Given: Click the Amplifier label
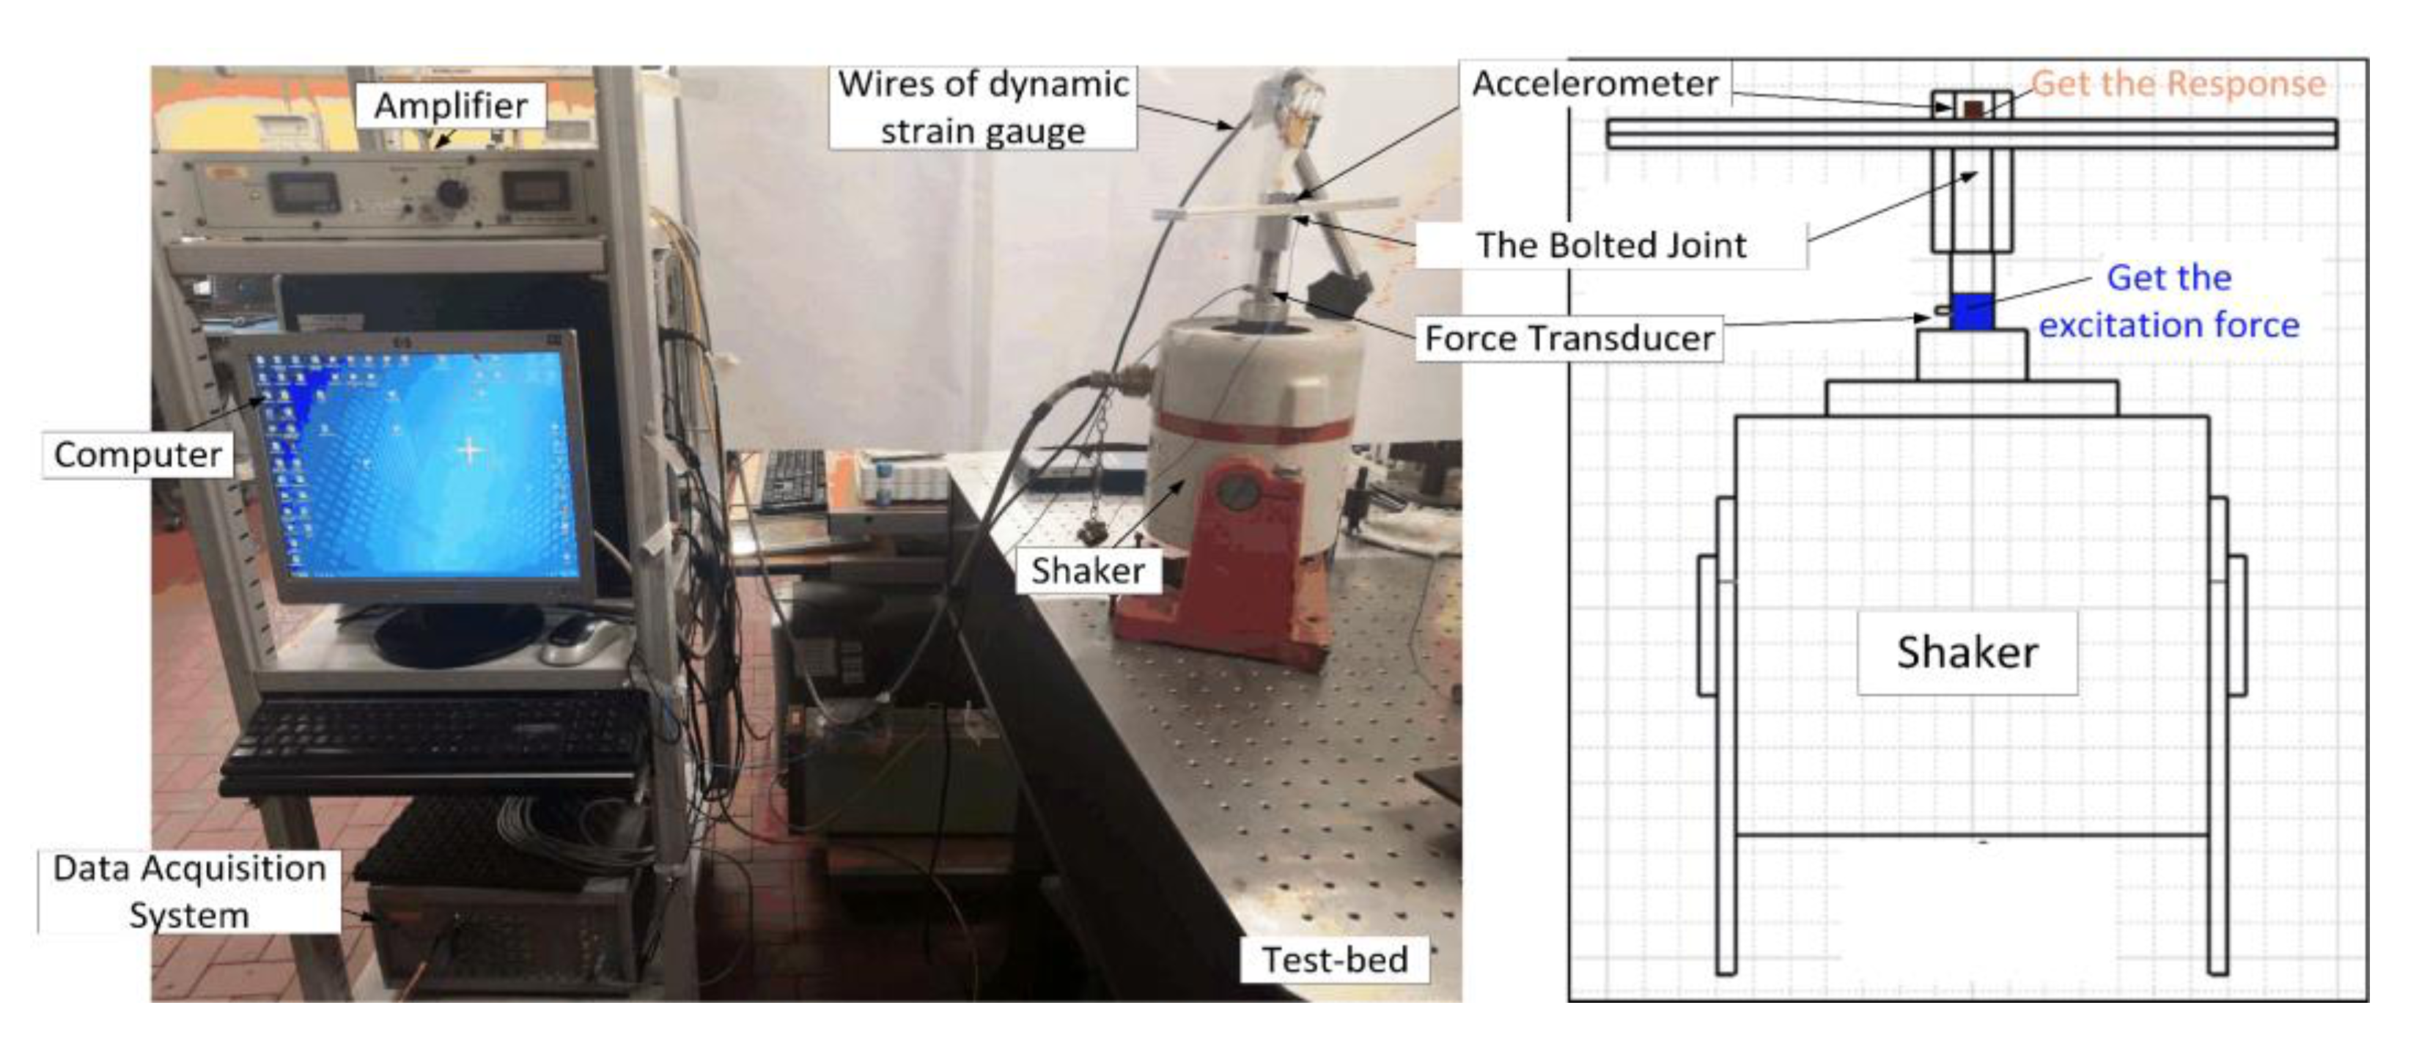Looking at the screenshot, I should coord(450,106).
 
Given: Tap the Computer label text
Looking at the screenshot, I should coord(138,454).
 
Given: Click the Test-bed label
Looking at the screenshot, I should coord(1334,959).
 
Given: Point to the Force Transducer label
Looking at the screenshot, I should coord(1569,338).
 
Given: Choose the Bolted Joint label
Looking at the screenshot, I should coord(1611,245).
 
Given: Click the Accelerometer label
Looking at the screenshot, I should coord(1594,84).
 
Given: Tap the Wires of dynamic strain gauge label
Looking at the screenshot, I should coord(982,107).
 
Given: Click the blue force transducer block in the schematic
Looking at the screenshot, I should coord(1972,312).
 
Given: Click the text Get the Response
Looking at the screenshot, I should coord(2179,84).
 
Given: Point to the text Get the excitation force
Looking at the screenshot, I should coord(2168,301).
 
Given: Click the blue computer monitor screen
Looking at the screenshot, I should coord(422,460).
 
